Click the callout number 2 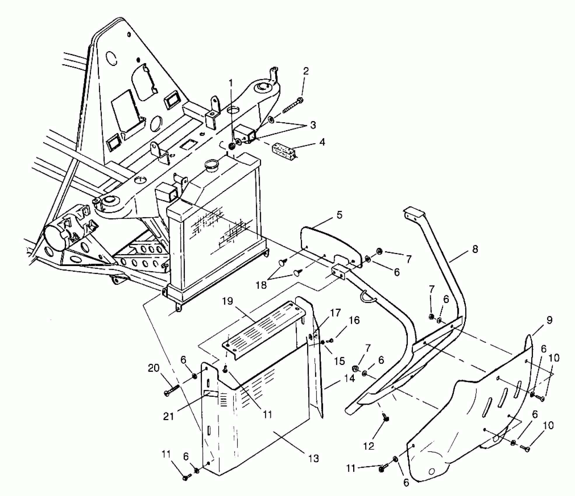306,71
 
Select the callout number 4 322,142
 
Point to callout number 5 339,215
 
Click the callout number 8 475,249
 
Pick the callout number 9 549,320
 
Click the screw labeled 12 386,419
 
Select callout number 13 313,459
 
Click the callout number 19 227,301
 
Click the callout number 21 168,416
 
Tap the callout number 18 261,285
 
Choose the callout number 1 231,83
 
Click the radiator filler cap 211,166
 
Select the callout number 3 313,125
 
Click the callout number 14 349,378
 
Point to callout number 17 335,313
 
